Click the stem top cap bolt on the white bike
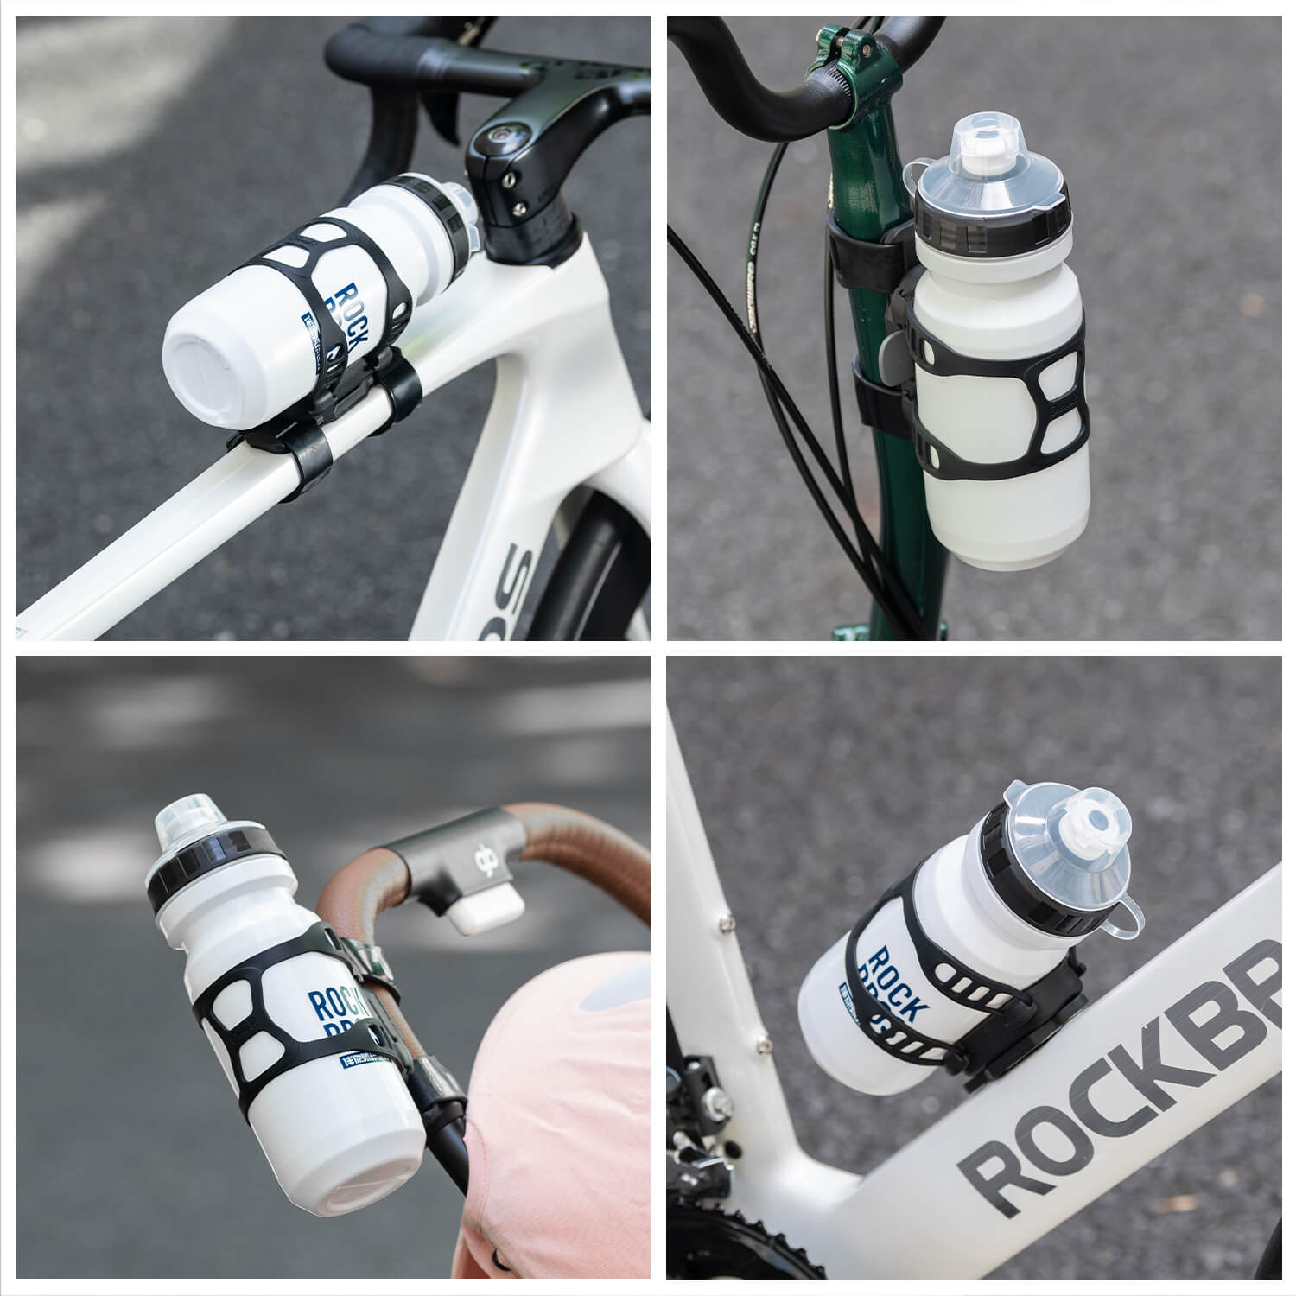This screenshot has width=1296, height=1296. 499,136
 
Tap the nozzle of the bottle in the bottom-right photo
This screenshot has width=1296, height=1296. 1091,826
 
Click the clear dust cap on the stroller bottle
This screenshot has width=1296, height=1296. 186,822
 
